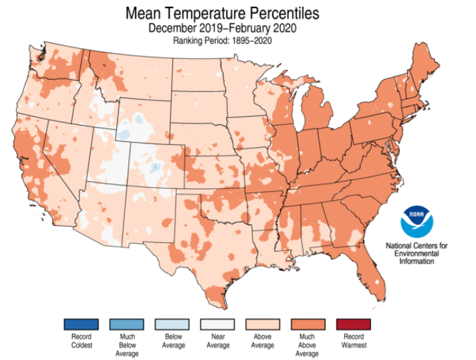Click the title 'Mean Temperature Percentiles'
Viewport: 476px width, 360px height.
pos(222,13)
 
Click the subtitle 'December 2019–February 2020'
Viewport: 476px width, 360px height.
pos(222,28)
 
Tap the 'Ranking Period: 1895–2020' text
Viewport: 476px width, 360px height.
pos(222,41)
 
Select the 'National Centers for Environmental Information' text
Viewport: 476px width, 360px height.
pos(417,253)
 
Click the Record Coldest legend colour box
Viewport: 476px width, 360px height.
pos(81,324)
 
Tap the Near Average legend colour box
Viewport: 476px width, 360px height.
pos(217,324)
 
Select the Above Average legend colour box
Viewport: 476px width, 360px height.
pos(263,324)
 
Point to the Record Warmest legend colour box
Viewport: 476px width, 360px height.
pos(354,324)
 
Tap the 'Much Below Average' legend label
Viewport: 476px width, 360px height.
pos(127,344)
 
